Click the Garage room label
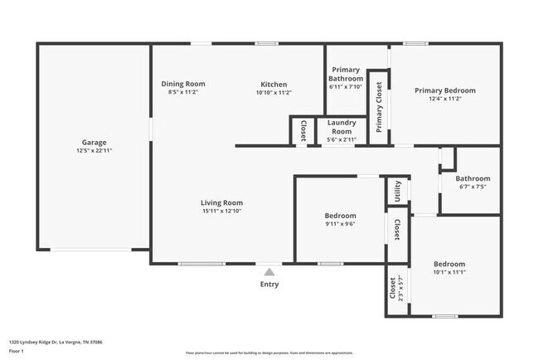93,143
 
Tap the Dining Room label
182,84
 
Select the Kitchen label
274,84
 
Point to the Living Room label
221,202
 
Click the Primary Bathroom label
347,75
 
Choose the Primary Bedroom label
445,90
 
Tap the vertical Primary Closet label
379,107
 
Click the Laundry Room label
342,127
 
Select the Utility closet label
398,191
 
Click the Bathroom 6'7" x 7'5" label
472,178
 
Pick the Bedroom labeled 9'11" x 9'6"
340,216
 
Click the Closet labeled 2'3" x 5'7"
392,289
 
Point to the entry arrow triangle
269,270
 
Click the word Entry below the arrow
269,285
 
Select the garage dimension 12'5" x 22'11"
93,151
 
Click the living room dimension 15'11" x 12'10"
221,211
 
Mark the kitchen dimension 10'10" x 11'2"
274,92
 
